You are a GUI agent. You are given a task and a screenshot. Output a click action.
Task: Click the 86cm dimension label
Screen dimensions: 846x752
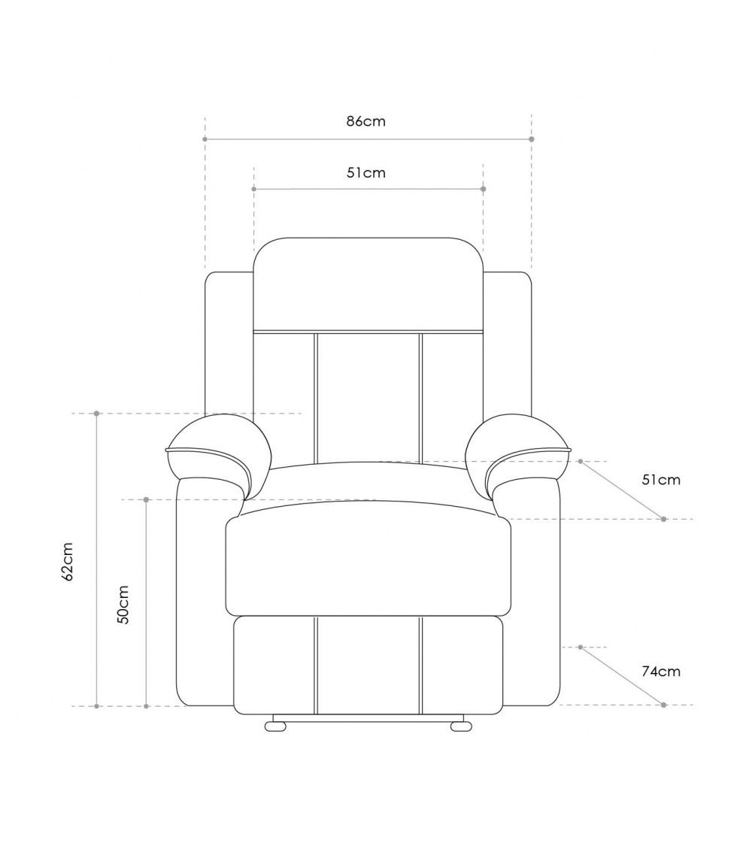(365, 121)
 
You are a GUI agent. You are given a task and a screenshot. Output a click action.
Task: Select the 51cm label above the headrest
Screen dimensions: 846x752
(365, 172)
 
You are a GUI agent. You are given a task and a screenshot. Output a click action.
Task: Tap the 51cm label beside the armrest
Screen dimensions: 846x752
(661, 480)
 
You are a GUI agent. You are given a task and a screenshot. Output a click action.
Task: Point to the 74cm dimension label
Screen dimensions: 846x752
(661, 672)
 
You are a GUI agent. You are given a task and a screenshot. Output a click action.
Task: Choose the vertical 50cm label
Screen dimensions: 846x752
(123, 605)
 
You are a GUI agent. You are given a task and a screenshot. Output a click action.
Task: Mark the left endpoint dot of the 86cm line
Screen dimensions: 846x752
(205, 139)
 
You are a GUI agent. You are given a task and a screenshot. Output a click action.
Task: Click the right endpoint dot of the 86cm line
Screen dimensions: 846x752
(532, 139)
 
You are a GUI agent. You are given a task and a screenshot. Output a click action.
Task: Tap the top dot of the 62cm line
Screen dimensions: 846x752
(97, 414)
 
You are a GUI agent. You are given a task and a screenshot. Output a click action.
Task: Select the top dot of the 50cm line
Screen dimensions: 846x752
(146, 499)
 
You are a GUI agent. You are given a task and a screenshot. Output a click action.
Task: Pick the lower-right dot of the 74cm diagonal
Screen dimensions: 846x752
(663, 705)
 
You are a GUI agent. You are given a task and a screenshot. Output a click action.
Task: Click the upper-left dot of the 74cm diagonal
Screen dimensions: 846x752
(581, 647)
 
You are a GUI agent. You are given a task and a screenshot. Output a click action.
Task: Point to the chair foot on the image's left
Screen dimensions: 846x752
(276, 726)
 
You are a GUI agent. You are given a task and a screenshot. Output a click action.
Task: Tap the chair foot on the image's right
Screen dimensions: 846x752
(460, 726)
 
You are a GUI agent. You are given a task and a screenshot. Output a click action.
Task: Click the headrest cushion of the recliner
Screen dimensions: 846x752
(368, 284)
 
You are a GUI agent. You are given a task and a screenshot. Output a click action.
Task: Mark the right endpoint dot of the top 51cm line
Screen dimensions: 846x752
(483, 188)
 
